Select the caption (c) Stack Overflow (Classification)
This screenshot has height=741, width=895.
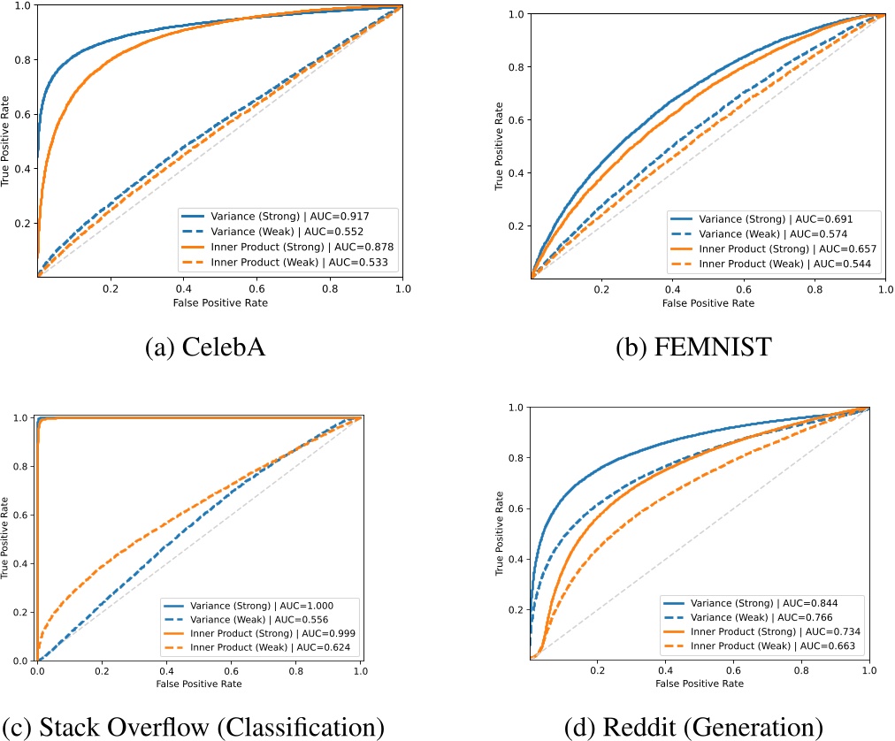pyautogui.click(x=194, y=727)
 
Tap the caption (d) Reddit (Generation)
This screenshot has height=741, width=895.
pyautogui.click(x=694, y=727)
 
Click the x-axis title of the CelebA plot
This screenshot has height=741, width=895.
pyautogui.click(x=219, y=302)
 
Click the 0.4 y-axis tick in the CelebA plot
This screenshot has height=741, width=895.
pyautogui.click(x=24, y=169)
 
